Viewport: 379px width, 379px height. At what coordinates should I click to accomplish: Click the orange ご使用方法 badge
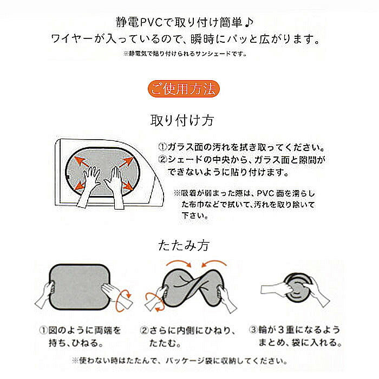[x=184, y=89]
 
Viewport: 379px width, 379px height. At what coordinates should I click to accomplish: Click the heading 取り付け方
[x=182, y=120]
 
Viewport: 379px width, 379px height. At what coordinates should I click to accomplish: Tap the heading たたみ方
[x=184, y=245]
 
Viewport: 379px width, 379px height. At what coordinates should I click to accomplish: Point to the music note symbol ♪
[x=249, y=23]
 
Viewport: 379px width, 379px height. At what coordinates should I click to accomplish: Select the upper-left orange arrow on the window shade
[x=82, y=161]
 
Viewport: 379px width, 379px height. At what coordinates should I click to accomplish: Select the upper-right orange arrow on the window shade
[x=126, y=162]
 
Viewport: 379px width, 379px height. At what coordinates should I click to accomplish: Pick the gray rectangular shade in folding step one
[x=80, y=287]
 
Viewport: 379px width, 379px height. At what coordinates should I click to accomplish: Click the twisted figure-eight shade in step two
[x=193, y=287]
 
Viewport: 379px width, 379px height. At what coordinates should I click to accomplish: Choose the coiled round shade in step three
[x=298, y=287]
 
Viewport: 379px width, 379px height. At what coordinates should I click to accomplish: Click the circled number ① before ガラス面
[x=162, y=147]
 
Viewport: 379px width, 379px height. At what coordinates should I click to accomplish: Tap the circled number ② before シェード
[x=162, y=159]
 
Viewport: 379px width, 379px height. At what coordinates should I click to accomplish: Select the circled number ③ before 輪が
[x=253, y=330]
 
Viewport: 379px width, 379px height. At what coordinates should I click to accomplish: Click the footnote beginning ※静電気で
[x=185, y=54]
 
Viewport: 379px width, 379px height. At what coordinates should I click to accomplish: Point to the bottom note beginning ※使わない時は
[x=180, y=361]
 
